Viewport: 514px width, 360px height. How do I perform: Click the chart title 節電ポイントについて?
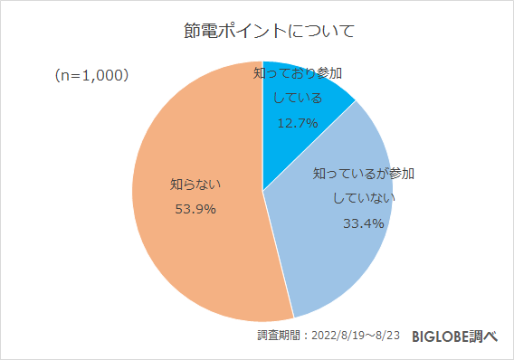coord(256,31)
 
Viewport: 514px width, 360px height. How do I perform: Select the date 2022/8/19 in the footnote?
coord(338,336)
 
